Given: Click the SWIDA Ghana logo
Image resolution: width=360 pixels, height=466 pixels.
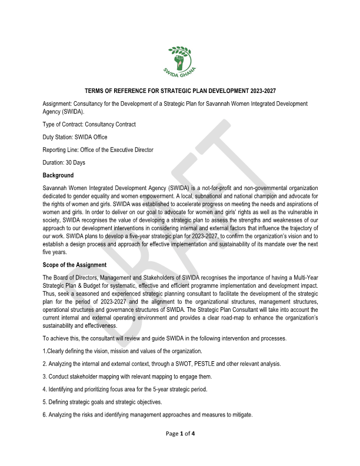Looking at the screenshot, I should [180, 62].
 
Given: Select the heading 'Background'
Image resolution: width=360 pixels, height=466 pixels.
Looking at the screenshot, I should [58, 175].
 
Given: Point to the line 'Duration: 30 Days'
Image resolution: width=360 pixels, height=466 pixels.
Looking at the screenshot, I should [64, 162].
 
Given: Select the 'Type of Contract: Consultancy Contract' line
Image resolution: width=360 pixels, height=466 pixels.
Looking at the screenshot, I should [89, 124].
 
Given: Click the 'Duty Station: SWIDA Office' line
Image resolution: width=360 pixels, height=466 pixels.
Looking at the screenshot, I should [75, 137].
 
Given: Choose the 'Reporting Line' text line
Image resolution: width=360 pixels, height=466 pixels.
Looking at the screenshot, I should [98, 149].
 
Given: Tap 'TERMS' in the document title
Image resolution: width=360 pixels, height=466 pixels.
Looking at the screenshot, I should [95, 91].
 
